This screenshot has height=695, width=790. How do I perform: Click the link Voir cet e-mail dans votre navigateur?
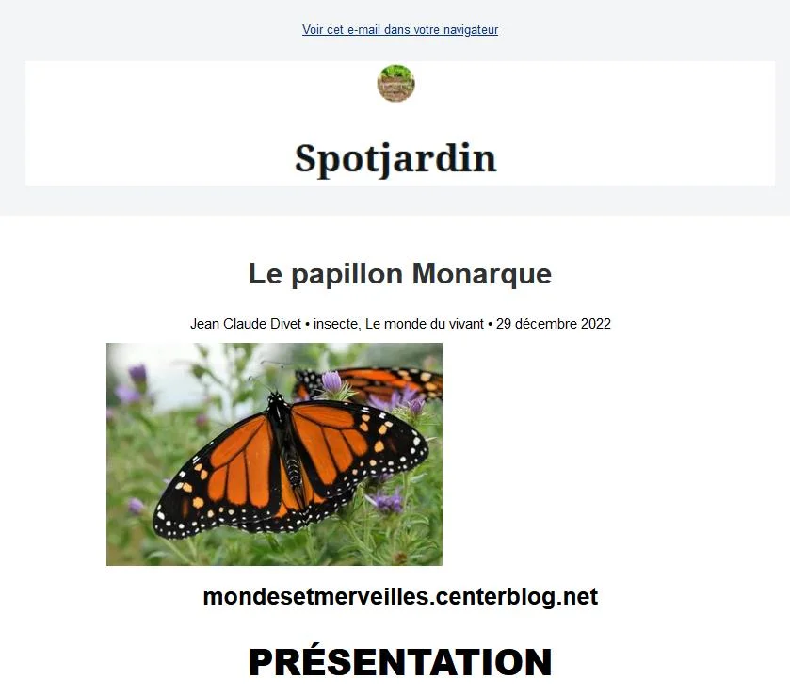(400, 30)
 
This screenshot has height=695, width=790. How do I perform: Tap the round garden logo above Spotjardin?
(396, 83)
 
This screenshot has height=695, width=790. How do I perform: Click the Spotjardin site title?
(396, 159)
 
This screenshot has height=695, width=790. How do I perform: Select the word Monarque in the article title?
(482, 275)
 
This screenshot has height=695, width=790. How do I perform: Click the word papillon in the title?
(347, 275)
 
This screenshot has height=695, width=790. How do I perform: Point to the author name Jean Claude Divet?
(246, 324)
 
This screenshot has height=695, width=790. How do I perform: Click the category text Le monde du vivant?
(425, 324)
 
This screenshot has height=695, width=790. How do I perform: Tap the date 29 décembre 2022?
(554, 324)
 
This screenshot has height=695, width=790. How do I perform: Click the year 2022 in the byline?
(595, 324)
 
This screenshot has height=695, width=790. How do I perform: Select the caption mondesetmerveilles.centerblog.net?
(400, 597)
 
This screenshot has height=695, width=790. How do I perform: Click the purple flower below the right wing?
(385, 501)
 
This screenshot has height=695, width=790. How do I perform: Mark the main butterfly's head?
(276, 398)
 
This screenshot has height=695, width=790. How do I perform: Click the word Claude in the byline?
(244, 324)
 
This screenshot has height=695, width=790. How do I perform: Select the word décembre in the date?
(546, 324)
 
